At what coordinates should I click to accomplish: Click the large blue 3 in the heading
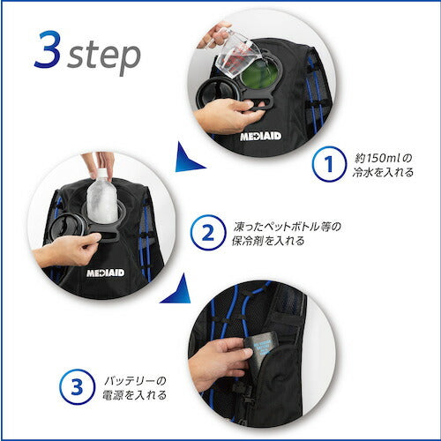pos(48,49)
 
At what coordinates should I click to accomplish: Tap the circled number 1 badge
pos(329,164)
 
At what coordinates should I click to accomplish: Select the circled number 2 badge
pos(208,233)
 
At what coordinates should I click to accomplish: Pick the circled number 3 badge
pos(77,386)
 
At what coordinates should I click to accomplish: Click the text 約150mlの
pos(384,159)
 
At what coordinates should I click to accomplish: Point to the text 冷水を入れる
pos(383,172)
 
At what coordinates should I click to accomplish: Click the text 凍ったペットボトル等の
pos(288,227)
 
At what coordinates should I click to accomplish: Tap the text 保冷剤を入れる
pos(268,241)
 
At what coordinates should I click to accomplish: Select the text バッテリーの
pos(135,381)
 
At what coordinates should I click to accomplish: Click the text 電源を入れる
pos(134,395)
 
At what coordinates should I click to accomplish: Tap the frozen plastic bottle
pos(102,197)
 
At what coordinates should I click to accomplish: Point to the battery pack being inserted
pos(261,349)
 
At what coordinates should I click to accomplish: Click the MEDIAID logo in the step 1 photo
pos(261,137)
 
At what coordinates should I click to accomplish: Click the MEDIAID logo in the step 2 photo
pos(106,273)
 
